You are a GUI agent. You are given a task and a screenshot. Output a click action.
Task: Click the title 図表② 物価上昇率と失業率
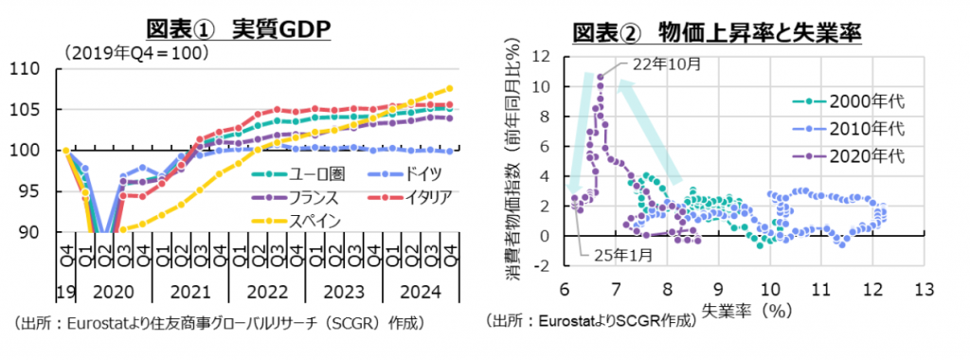716,32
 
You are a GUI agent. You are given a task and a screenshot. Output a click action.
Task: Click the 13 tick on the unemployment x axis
923,288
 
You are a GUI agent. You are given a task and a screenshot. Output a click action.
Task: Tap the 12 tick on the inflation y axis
540,57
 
